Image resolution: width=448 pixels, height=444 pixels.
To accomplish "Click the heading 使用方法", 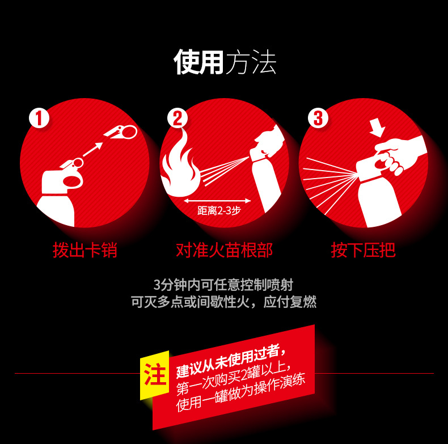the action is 225,62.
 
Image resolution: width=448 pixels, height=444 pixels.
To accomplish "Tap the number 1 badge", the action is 39,118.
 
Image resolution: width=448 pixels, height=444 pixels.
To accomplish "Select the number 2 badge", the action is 177,118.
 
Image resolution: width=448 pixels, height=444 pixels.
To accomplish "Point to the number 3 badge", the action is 318,118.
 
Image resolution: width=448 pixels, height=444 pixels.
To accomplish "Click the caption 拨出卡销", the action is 85,250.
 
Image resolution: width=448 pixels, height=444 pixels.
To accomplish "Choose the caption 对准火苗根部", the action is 225,250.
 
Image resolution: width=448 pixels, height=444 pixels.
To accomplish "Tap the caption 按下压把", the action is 363,250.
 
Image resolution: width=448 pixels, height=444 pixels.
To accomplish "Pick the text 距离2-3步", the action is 219,210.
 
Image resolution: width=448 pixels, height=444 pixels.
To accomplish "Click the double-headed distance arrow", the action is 217,201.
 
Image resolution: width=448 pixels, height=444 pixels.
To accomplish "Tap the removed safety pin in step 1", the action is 121,132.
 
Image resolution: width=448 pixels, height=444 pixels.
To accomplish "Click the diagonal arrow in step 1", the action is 92,149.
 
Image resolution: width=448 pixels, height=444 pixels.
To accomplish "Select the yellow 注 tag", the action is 155,375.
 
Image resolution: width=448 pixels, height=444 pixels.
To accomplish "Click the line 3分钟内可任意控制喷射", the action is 223,285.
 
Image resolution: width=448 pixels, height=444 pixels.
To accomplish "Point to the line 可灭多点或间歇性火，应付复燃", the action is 223,302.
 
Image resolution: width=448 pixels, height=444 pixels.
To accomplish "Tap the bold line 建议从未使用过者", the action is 230,361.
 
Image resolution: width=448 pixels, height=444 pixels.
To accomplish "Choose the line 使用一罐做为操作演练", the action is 240,392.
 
